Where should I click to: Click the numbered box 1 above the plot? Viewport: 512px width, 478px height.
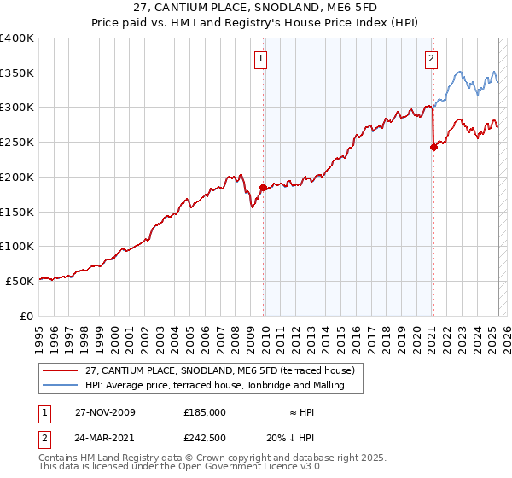click(x=259, y=59)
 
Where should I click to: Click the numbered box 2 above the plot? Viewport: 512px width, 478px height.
click(x=431, y=59)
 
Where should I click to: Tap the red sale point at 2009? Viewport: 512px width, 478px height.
click(x=263, y=187)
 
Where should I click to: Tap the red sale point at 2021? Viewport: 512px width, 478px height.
click(x=433, y=147)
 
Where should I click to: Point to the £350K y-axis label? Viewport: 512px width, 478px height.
click(x=17, y=73)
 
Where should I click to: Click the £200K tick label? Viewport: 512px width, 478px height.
click(x=17, y=178)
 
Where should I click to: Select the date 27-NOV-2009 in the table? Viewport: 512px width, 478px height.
click(x=105, y=412)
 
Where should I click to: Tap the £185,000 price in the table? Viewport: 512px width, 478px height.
click(x=205, y=412)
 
